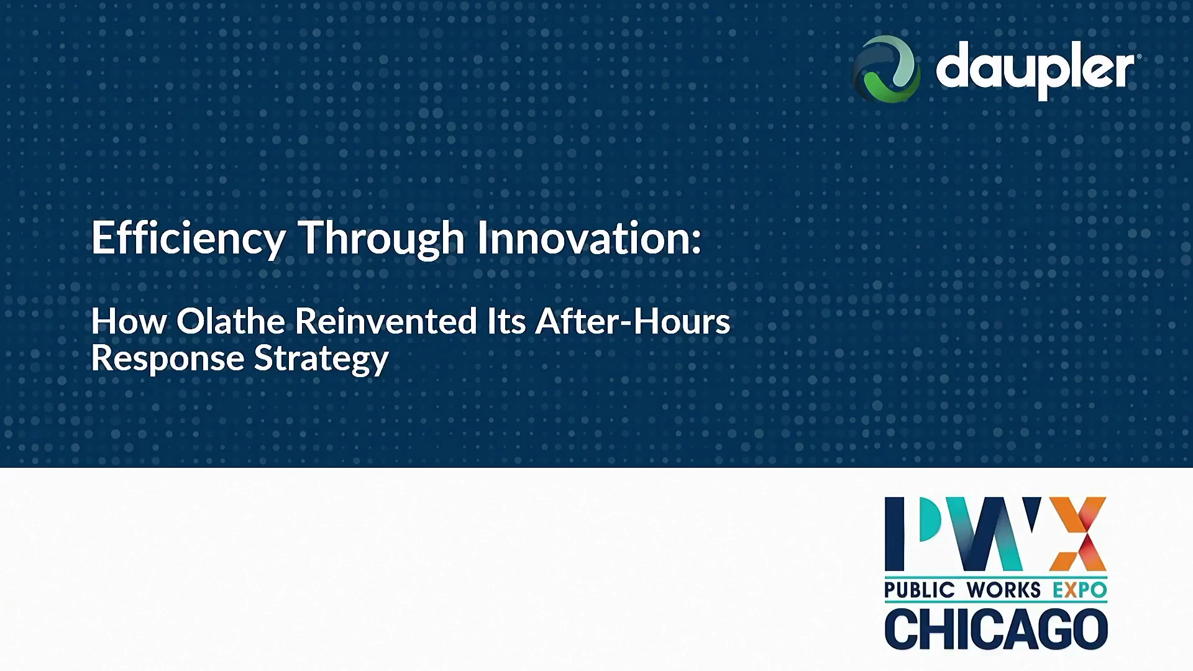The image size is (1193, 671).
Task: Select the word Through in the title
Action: pos(382,239)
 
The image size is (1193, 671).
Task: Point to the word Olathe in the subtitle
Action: pos(231,321)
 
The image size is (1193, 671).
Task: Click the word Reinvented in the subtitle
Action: pos(385,321)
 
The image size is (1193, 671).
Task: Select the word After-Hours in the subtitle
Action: pos(633,321)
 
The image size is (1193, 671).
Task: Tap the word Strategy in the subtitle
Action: pos(321,360)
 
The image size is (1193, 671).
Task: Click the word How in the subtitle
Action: pos(129,321)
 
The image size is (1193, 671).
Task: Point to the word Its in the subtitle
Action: pos(506,321)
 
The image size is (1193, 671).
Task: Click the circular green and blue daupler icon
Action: pos(886,69)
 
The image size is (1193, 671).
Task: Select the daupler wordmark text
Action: pos(1038,70)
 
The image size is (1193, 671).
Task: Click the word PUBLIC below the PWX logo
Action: pos(919,590)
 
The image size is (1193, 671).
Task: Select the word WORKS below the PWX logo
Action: pos(1003,590)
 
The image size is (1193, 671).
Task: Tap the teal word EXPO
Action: pos(1079,590)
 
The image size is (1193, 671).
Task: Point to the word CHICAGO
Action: pos(996,629)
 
